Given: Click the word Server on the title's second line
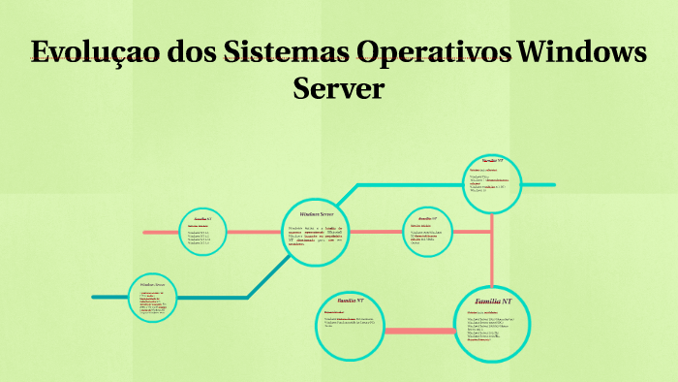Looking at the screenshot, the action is [x=338, y=88].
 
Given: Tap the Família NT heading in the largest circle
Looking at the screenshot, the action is [x=493, y=302].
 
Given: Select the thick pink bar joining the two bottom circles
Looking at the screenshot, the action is [x=420, y=332].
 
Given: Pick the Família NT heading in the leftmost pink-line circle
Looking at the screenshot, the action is [x=202, y=219].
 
